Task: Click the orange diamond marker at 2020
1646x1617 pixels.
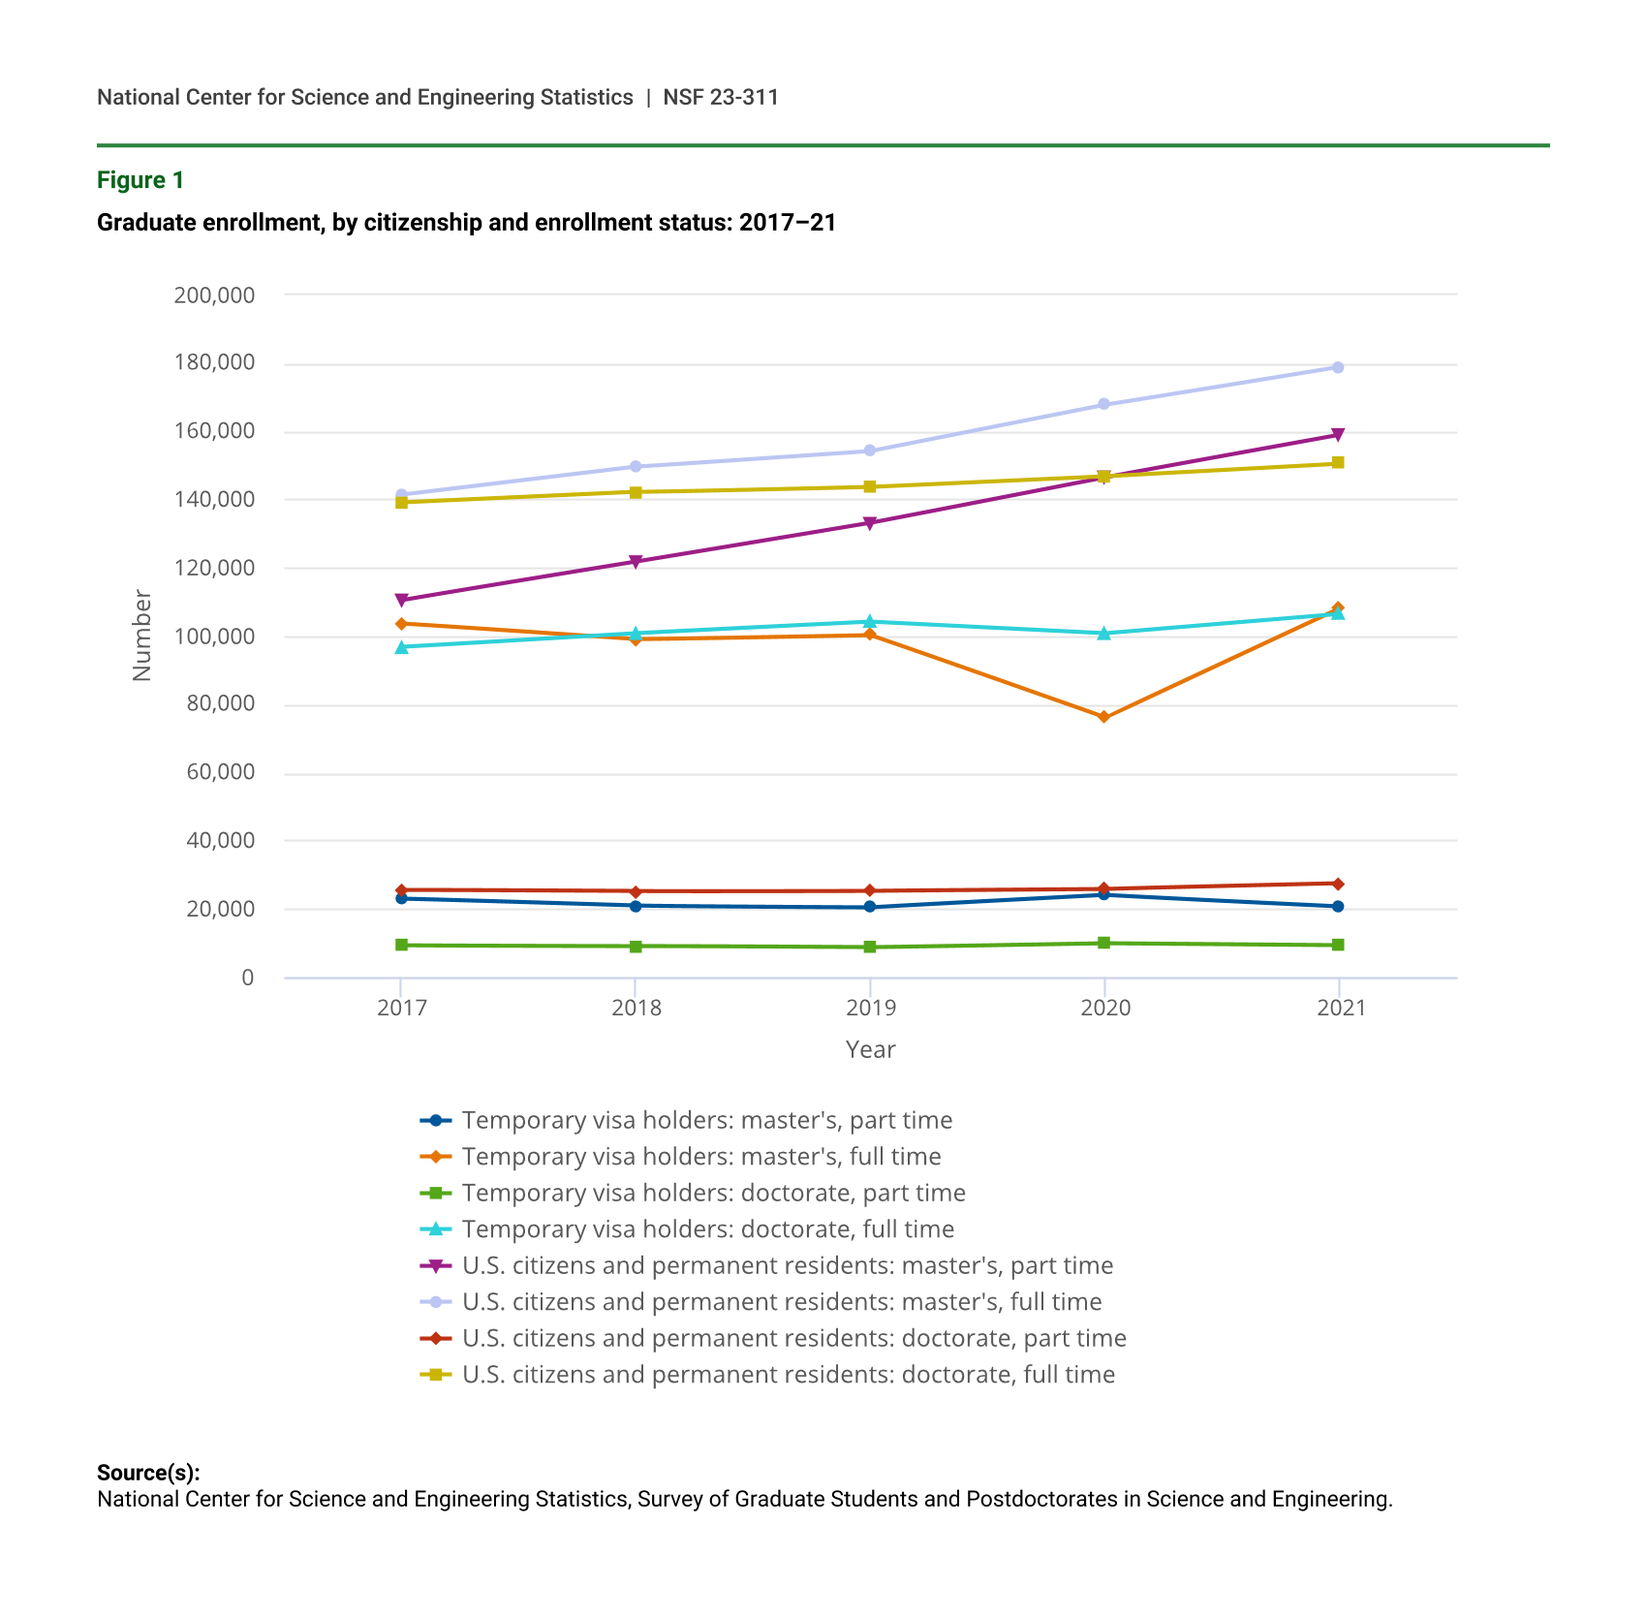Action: [1103, 717]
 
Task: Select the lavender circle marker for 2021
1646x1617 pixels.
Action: [1338, 367]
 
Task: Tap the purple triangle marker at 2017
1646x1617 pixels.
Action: [401, 600]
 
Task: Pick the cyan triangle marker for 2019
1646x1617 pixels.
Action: [870, 621]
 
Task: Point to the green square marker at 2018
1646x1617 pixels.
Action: [636, 946]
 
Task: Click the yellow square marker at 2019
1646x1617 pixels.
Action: [870, 486]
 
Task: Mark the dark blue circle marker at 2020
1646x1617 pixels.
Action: [1103, 894]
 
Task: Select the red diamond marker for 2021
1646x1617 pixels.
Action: [1338, 884]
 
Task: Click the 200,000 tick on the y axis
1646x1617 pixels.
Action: [214, 295]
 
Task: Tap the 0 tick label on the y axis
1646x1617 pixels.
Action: [248, 978]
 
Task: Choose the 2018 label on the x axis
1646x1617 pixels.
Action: [636, 1009]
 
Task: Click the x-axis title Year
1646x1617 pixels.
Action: [870, 1049]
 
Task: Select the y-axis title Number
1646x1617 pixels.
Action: [142, 635]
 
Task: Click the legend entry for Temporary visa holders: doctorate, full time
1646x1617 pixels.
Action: [707, 1228]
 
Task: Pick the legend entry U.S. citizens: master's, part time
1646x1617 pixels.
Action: [787, 1265]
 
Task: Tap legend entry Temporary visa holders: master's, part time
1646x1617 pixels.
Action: [706, 1120]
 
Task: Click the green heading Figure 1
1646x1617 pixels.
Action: [140, 180]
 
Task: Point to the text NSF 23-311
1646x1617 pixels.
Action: [721, 97]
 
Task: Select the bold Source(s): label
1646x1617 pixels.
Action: [148, 1473]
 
